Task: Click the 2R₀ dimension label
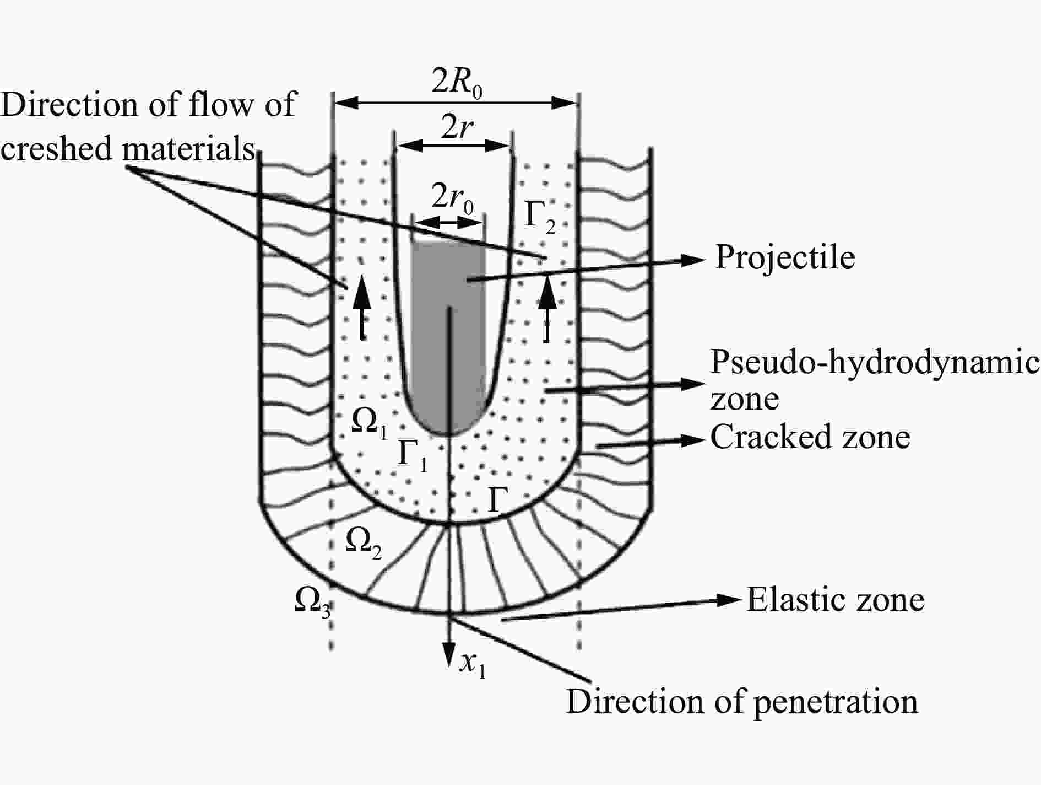click(x=457, y=83)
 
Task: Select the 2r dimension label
click(x=457, y=128)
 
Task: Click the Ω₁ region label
click(x=370, y=424)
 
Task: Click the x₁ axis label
click(x=473, y=665)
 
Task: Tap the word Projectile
click(x=785, y=258)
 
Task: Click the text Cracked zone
click(x=810, y=438)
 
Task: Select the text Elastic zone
click(x=836, y=600)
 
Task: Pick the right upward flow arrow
click(x=547, y=307)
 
